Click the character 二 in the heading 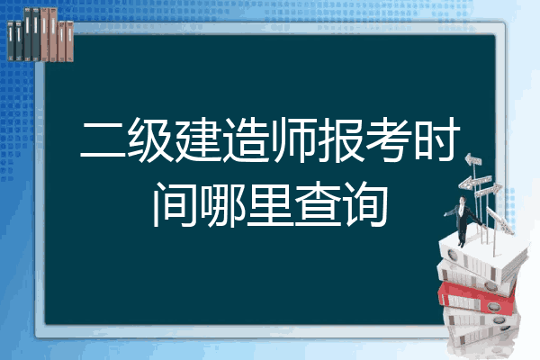[x=103, y=140]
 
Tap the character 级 [x=151, y=140]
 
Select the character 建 [x=198, y=140]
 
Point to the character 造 [x=246, y=140]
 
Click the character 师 [x=293, y=140]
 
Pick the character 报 [x=341, y=140]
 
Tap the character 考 [x=389, y=140]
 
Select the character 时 [x=436, y=140]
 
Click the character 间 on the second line [x=175, y=204]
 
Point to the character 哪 [x=222, y=204]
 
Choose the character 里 [x=270, y=204]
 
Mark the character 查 [x=318, y=204]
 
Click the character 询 [x=365, y=204]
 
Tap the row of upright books [x=40, y=34]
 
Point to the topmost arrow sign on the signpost [x=473, y=160]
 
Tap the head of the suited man [x=463, y=200]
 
